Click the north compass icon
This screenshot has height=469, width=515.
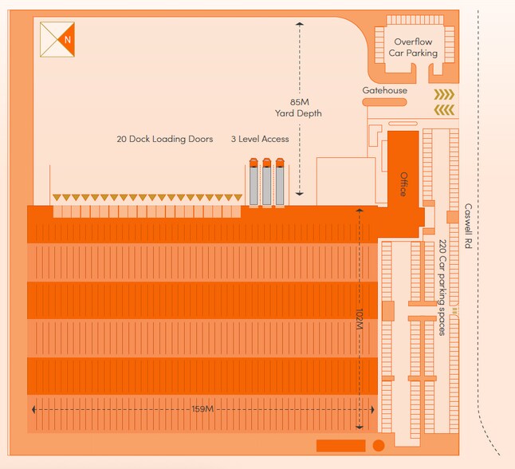pyautogui.click(x=57, y=38)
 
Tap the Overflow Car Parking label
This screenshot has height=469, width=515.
pyautogui.click(x=413, y=47)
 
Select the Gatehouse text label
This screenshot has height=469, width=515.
pyautogui.click(x=384, y=91)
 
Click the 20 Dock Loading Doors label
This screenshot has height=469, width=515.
pyautogui.click(x=164, y=139)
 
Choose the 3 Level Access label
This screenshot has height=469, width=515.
pyautogui.click(x=260, y=139)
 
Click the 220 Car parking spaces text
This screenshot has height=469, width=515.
pyautogui.click(x=442, y=287)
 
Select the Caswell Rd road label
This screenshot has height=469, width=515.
pyautogui.click(x=468, y=227)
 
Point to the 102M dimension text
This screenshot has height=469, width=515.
pyautogui.click(x=359, y=318)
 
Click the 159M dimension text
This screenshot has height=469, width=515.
pyautogui.click(x=202, y=409)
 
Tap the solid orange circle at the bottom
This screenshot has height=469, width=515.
pyautogui.click(x=379, y=445)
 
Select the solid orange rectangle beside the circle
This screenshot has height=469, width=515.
pyautogui.click(x=340, y=445)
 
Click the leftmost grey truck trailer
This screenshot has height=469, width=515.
pyautogui.click(x=254, y=184)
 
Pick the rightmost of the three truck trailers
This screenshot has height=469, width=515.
pyautogui.click(x=280, y=184)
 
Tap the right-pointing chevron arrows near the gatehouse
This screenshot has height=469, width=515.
pyautogui.click(x=443, y=95)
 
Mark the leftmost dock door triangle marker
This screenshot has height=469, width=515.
pyautogui.click(x=56, y=198)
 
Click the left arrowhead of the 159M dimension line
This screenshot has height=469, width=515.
pyautogui.click(x=33, y=409)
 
